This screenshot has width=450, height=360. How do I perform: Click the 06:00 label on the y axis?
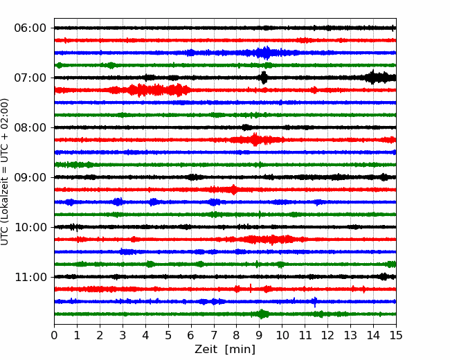(30, 28)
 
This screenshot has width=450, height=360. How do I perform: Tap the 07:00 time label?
(30, 78)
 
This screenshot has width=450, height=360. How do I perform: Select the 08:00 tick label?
(30, 128)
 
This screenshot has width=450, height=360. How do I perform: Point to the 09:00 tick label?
(30, 177)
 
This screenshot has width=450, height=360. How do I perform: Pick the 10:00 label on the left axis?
(30, 227)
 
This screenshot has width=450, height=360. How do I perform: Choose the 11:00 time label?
(30, 278)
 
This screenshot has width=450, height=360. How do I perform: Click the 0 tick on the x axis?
(54, 335)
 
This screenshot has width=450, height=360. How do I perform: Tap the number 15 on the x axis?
(396, 335)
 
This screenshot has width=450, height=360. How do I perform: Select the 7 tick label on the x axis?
(214, 335)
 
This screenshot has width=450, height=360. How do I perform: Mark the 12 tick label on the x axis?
(327, 335)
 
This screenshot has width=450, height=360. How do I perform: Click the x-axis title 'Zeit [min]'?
(225, 350)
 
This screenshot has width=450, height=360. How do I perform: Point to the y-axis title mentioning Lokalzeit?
(5, 172)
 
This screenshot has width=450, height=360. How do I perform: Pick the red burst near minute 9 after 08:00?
(255, 140)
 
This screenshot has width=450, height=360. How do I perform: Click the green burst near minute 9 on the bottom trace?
(262, 314)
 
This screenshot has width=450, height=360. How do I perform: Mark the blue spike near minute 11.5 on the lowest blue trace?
(316, 302)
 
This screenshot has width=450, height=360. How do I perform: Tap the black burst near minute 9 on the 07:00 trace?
(264, 78)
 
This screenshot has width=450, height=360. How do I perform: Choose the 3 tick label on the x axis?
(123, 335)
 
